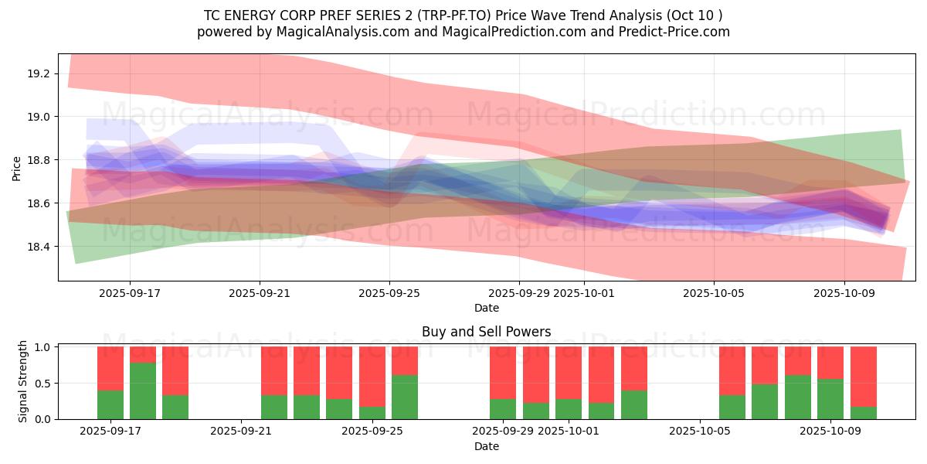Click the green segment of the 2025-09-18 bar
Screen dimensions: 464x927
[x=143, y=391]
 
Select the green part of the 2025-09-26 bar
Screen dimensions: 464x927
[x=405, y=397]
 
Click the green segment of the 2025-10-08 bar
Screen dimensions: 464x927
[x=798, y=397]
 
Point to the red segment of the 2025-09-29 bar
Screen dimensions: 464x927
[x=503, y=372]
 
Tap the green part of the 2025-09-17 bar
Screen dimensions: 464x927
[x=110, y=404]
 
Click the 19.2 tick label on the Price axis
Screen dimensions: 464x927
[x=38, y=73]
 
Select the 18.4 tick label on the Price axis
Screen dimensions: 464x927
[x=38, y=247]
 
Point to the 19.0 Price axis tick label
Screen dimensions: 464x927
[x=38, y=117]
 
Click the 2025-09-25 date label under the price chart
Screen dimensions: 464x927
[x=389, y=293]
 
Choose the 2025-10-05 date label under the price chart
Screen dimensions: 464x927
[x=714, y=293]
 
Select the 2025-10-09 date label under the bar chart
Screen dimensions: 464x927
[x=830, y=432]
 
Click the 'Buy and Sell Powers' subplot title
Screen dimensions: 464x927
[x=487, y=332]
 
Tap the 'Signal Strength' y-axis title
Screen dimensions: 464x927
[x=23, y=381]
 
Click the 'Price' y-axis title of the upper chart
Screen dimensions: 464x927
[x=17, y=167]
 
